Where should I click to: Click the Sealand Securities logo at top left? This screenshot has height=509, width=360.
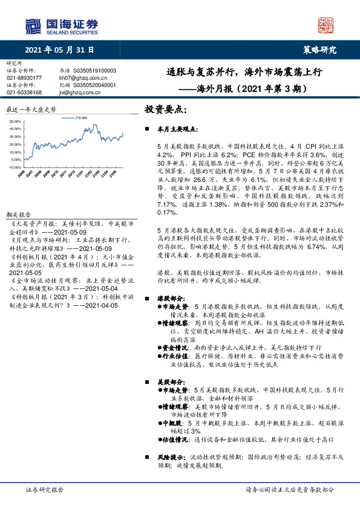point(61,26)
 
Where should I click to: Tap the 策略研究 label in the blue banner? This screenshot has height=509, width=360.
point(319,51)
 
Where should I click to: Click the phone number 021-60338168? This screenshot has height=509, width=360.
point(24,92)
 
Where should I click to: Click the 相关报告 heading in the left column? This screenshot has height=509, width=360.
point(18,215)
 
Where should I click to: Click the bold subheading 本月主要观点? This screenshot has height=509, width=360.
point(176,130)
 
